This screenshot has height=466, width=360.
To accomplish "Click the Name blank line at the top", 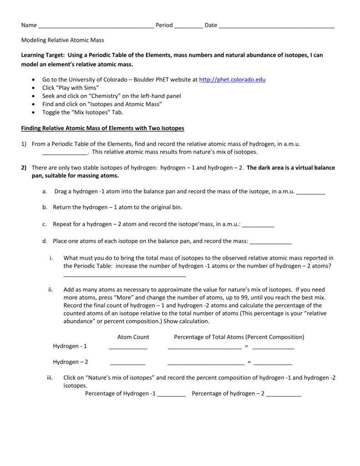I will (96, 26).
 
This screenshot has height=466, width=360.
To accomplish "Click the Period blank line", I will (188, 26).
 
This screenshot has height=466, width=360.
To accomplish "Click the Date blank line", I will (277, 26).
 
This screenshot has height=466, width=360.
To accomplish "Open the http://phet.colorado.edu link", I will (233, 80).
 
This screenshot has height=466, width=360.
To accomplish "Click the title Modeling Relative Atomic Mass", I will (63, 41).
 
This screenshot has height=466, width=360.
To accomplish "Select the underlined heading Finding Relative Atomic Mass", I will (103, 128).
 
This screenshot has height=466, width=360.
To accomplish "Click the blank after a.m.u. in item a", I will (311, 192).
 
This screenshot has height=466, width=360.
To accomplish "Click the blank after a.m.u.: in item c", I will (259, 225).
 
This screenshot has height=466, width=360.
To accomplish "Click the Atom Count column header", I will (133, 337).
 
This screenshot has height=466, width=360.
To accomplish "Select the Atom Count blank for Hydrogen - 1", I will (128, 347).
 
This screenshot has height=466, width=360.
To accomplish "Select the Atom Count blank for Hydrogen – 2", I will (127, 363).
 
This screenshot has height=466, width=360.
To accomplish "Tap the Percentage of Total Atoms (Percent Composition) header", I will (239, 337).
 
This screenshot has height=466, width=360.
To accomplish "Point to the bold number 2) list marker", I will (24, 168).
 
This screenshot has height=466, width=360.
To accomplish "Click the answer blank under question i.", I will (125, 275).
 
